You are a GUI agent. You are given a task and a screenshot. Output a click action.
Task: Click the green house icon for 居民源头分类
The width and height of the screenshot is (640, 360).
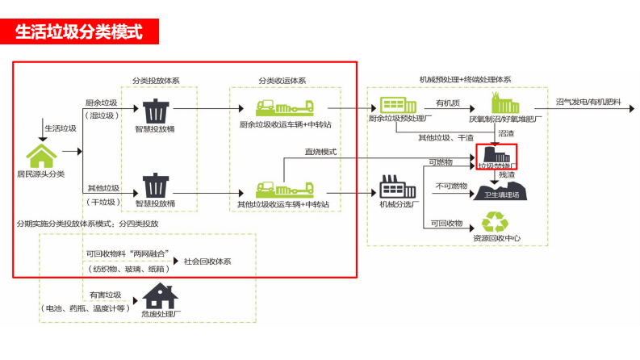(x=40, y=156)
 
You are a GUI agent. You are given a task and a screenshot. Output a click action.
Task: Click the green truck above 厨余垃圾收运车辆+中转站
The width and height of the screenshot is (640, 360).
(x=282, y=108)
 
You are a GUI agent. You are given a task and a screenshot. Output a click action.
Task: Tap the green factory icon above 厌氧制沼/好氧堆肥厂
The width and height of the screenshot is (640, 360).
(x=505, y=103)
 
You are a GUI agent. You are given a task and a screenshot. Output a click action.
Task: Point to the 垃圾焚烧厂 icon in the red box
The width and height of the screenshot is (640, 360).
(x=496, y=154)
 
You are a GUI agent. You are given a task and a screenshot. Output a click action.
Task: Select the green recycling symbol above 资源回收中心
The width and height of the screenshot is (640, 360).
(x=493, y=222)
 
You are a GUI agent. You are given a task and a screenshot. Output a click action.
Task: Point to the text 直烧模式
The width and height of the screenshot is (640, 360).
(x=320, y=153)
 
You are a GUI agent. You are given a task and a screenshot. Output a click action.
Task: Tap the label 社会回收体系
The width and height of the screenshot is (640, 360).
(x=207, y=261)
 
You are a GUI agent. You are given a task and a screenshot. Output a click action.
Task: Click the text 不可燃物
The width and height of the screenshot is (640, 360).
(x=451, y=186)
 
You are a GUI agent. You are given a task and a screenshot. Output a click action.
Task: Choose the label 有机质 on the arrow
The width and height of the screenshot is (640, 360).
(x=447, y=103)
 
